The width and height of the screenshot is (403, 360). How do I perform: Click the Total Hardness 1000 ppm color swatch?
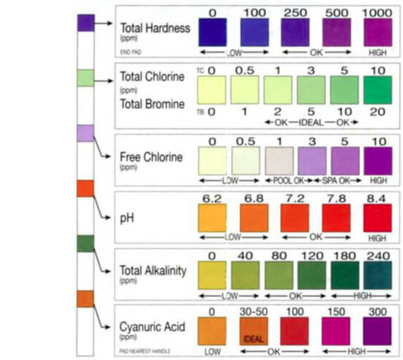coord(378,32)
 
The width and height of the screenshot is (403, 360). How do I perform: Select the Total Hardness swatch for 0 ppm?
coord(213,32)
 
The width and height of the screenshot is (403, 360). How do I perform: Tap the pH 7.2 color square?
coord(295,218)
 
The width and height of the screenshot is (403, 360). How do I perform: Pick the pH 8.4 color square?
coord(378,218)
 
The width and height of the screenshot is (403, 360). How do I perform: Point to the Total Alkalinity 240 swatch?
coord(378,275)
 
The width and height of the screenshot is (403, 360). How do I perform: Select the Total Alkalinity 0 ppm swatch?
coord(213,275)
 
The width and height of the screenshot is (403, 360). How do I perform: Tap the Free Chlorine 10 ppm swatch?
coord(378,160)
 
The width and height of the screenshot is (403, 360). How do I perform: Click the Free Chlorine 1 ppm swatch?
coord(279,160)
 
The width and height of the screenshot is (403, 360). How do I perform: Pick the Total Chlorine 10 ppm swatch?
coord(378,90)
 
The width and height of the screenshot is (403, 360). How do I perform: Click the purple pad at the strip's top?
coord(86,23)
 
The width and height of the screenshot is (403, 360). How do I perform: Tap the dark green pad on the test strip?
coord(86,244)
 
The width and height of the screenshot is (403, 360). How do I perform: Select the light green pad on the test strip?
coord(86,78)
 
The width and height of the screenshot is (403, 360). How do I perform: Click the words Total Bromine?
coord(152,104)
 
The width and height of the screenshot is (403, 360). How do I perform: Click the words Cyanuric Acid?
coord(152,327)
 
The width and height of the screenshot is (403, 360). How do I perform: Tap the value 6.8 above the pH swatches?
coord(254,199)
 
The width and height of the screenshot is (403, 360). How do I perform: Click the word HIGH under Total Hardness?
coord(378,53)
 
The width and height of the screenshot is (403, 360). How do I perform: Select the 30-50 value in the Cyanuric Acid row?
coord(254,311)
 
